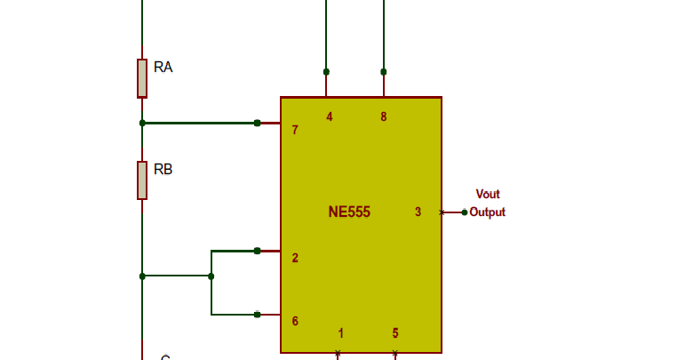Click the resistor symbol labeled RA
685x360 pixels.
[x=142, y=78]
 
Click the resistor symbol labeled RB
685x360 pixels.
[x=142, y=180]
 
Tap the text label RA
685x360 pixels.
[x=163, y=67]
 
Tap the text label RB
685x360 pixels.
[x=163, y=169]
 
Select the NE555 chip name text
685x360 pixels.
[x=349, y=212]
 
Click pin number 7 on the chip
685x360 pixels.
[x=295, y=131]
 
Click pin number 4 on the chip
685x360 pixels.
[x=330, y=116]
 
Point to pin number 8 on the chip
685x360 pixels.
[x=384, y=116]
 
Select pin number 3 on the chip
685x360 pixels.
[x=418, y=212]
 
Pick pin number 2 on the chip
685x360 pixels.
[x=295, y=259]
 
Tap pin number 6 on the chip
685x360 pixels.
[x=295, y=321]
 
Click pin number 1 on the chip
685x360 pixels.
[x=341, y=333]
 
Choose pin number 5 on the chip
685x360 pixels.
[x=395, y=333]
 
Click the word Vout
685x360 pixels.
[x=488, y=195]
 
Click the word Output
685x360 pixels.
[x=488, y=212]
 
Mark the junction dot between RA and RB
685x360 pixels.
[x=142, y=123]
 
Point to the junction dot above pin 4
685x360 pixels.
[x=326, y=71]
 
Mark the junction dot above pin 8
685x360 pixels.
[x=384, y=71]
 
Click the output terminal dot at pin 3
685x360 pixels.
[x=464, y=212]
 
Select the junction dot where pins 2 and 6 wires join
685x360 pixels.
[x=211, y=276]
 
